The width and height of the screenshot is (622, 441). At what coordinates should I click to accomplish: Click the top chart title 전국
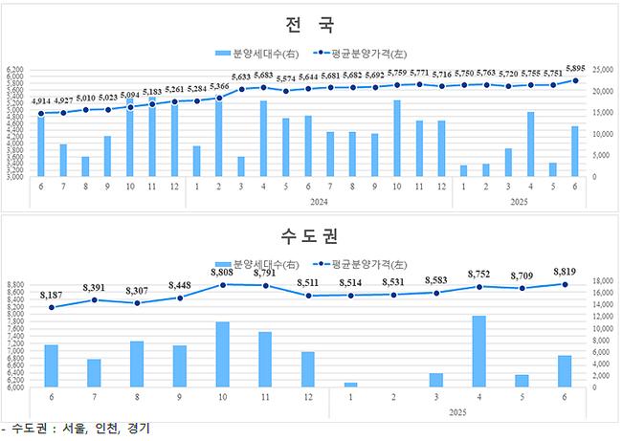point(310,24)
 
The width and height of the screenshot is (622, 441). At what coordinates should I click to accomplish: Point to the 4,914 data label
point(41,101)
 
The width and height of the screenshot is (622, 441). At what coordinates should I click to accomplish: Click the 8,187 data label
point(51,296)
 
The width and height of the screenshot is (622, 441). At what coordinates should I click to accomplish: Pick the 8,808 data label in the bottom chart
point(222,273)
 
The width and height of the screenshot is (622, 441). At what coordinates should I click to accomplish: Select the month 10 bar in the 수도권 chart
point(222,354)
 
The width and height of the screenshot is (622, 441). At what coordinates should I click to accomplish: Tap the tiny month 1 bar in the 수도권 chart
point(350,385)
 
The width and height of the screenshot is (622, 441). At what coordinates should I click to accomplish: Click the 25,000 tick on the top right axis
point(602,70)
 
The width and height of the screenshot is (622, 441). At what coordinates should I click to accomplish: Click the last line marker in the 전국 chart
point(574,80)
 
